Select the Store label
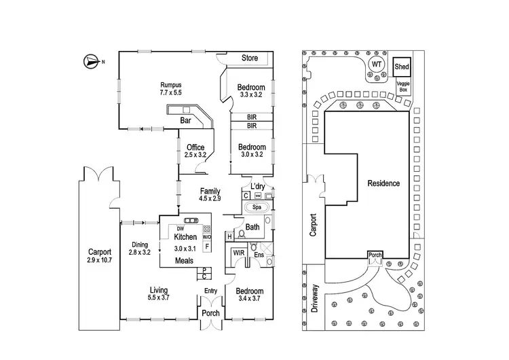250,58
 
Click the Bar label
185,121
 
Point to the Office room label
195,147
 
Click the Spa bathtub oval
257,206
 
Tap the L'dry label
257,186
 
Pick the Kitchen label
185,237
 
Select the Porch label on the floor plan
210,313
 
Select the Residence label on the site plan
383,183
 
